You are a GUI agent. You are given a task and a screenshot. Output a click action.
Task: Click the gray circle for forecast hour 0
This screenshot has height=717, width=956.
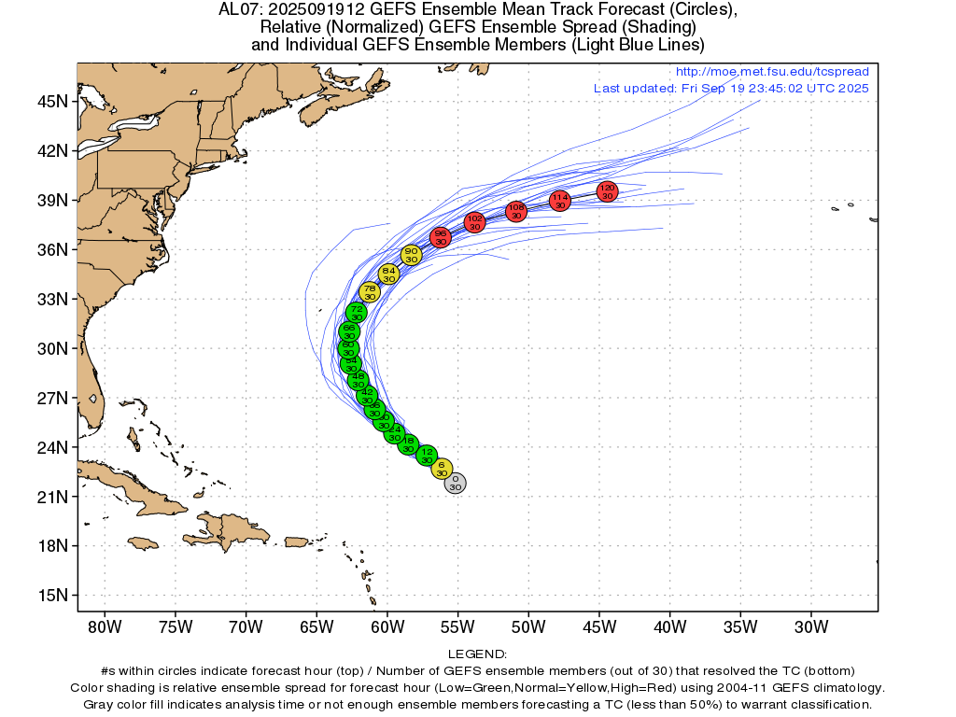455,483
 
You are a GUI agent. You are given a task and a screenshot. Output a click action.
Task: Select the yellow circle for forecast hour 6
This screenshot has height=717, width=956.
442,469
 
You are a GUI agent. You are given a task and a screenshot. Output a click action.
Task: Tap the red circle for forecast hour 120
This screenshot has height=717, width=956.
607,192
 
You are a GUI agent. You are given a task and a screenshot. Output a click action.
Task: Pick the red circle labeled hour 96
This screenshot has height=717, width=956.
442,237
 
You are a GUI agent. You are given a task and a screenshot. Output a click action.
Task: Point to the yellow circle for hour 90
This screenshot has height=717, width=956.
411,255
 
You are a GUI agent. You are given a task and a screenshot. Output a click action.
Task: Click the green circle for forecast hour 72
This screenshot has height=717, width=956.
356,313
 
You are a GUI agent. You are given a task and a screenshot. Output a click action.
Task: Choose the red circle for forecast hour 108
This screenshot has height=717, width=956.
516,212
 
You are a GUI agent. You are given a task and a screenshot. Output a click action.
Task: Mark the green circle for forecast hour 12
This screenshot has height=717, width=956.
427,456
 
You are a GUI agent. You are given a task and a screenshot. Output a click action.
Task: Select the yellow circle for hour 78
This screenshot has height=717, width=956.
370,293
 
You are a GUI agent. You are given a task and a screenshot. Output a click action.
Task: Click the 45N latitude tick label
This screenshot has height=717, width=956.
51,101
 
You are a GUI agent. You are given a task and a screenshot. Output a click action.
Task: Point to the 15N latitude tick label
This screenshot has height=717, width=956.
51,595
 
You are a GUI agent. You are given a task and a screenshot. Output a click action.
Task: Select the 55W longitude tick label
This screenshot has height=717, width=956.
457,625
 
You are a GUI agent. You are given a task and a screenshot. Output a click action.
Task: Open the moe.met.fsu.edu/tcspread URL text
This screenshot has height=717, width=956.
771,72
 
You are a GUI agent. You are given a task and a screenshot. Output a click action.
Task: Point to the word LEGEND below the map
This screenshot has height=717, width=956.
477,654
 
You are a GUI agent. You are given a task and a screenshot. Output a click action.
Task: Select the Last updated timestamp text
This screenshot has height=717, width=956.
731,88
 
